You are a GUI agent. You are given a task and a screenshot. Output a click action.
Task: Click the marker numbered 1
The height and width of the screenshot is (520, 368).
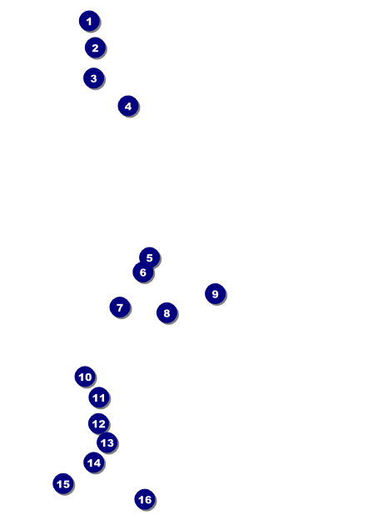(x=89, y=21)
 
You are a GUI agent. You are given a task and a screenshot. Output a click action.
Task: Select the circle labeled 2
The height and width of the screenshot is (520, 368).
(x=95, y=47)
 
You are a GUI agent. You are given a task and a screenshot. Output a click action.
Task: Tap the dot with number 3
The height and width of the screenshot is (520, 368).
(x=94, y=78)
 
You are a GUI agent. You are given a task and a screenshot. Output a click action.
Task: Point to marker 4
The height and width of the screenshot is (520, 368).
(x=128, y=106)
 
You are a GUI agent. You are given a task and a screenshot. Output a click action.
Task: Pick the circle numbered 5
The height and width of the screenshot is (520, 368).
(x=149, y=257)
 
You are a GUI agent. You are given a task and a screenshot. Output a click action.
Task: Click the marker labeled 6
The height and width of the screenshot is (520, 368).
(x=142, y=272)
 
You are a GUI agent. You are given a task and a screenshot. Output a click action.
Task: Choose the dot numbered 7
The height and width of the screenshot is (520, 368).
(x=120, y=307)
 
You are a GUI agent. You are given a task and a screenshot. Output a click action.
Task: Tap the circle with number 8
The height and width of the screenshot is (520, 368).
(x=167, y=312)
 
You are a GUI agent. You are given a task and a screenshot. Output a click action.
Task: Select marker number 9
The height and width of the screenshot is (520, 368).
(x=216, y=294)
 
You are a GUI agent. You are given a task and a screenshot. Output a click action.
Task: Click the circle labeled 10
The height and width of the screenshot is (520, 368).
(x=85, y=377)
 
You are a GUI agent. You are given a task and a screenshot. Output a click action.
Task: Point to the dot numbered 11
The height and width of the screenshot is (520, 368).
(x=99, y=397)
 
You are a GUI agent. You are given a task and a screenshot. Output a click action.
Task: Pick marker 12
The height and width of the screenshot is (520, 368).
(x=98, y=424)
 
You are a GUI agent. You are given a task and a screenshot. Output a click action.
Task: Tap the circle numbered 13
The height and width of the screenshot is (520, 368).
(x=107, y=442)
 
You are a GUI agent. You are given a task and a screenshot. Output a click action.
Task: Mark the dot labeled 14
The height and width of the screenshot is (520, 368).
(x=94, y=462)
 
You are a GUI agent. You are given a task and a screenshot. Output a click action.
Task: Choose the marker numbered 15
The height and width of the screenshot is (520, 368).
(x=63, y=483)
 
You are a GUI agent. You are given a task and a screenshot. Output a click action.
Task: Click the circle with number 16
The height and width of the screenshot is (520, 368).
(x=145, y=499)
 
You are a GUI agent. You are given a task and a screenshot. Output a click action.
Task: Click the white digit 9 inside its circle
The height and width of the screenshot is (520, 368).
(x=216, y=294)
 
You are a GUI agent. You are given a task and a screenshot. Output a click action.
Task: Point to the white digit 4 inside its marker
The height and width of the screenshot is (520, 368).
(x=128, y=107)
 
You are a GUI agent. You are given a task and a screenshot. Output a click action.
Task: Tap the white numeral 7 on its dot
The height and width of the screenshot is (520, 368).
(x=120, y=307)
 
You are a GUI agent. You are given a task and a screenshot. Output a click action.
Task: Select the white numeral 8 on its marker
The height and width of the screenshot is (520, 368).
(x=167, y=313)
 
